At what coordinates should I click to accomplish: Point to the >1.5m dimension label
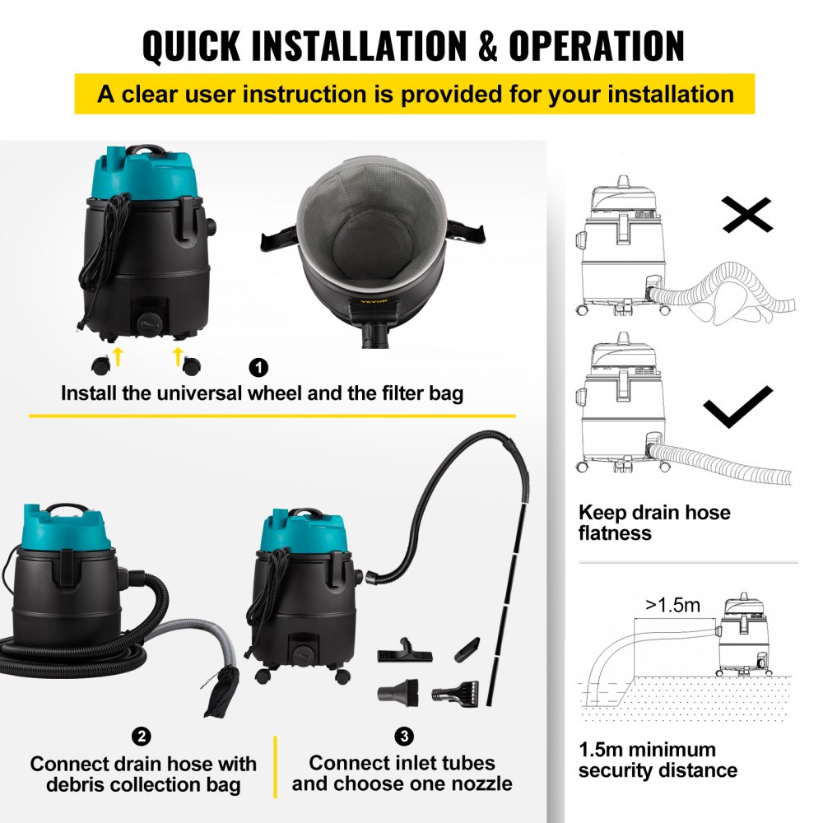672,607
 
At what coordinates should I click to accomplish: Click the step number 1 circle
258,367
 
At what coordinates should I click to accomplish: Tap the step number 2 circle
143,736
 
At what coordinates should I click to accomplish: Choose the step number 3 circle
402,736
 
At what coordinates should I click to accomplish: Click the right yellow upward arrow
177,355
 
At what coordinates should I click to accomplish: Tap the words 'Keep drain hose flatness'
653,523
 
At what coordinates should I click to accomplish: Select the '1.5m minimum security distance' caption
658,760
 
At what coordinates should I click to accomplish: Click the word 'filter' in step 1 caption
379,393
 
